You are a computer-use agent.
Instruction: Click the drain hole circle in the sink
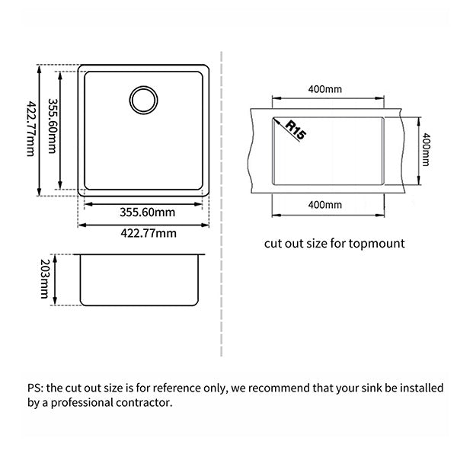[143, 100]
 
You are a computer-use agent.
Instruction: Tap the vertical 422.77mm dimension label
[30, 129]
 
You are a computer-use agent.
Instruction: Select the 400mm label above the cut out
[325, 89]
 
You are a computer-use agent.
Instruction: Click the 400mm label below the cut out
[325, 204]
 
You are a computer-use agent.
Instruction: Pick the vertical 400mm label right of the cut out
[426, 151]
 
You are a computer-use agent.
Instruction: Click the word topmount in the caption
[379, 244]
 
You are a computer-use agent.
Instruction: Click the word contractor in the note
[145, 402]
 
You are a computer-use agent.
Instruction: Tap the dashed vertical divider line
[221, 206]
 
